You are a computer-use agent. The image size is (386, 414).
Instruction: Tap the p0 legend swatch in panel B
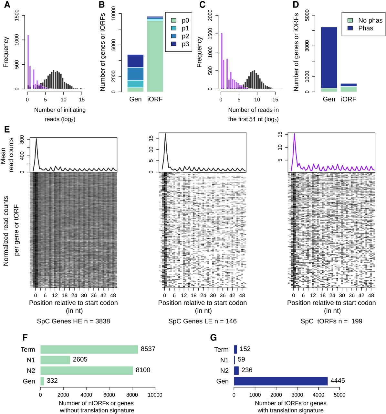point(173,21)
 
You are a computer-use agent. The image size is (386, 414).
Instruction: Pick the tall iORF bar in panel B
point(155,55)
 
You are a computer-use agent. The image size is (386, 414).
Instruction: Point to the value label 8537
point(148,349)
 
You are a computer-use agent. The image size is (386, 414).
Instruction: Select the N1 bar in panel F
point(55,360)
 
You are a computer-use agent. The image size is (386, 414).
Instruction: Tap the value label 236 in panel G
point(247,370)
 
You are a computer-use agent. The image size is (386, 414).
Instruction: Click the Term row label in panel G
point(221,350)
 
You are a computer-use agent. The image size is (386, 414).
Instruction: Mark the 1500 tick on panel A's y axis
point(17,16)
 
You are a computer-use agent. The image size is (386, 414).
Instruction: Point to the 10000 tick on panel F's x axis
point(155,395)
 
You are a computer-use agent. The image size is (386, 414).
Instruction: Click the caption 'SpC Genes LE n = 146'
point(203,321)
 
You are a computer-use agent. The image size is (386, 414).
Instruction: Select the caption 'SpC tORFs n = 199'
point(331,321)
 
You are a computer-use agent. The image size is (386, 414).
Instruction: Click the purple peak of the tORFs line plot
point(294,134)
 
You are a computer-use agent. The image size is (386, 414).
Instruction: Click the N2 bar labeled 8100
point(87,370)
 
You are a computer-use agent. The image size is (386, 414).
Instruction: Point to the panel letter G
point(213,338)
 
